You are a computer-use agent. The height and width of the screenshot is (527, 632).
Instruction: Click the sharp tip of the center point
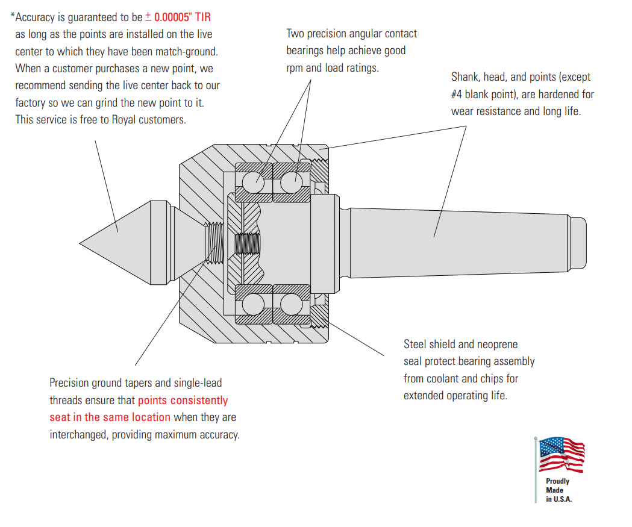81,243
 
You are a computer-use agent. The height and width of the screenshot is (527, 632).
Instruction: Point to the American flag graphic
561,455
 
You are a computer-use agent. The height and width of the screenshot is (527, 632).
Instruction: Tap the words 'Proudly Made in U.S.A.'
558,490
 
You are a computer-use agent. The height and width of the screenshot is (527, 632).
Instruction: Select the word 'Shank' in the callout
465,77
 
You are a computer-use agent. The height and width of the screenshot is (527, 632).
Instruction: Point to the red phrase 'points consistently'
183,401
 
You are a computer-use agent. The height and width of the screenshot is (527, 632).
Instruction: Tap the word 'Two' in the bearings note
296,34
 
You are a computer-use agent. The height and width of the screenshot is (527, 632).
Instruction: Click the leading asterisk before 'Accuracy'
13,16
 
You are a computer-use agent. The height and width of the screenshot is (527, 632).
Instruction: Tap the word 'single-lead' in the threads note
198,383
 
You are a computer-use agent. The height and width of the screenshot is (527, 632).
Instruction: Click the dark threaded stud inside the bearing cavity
247,243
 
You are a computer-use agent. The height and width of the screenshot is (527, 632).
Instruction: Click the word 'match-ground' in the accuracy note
186,52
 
